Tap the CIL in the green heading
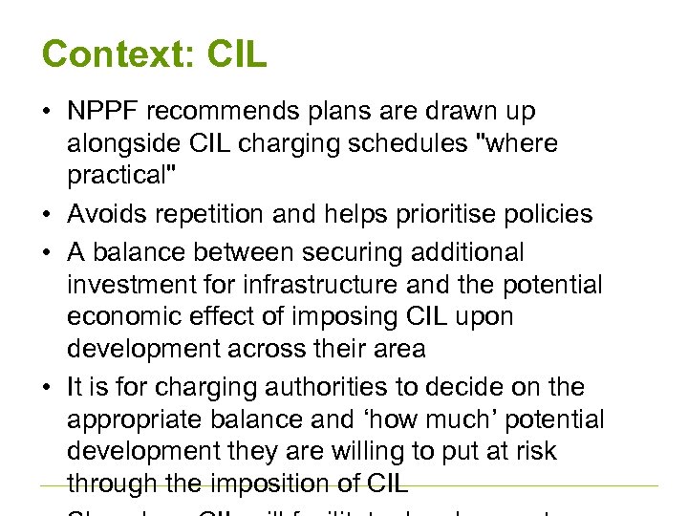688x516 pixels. click(x=234, y=54)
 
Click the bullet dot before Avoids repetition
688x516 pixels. click(x=46, y=215)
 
